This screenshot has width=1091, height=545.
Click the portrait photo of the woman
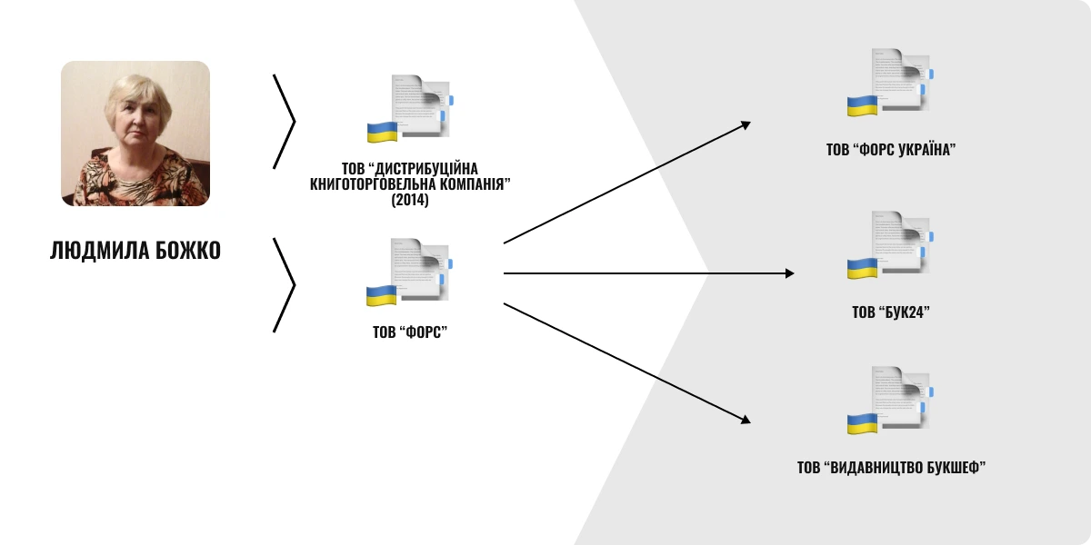(135, 134)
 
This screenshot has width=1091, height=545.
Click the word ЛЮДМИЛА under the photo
(99, 251)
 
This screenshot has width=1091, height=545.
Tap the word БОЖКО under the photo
(188, 251)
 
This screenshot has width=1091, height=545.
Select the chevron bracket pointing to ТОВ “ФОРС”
(284, 285)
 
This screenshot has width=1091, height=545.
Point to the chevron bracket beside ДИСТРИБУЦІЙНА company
(284, 122)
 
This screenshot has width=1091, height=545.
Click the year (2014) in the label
(410, 200)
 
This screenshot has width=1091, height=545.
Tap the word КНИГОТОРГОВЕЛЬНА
(375, 184)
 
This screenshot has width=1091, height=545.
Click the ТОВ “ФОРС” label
(410, 332)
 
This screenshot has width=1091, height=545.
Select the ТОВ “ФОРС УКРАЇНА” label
(891, 149)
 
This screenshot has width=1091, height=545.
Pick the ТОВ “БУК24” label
(891, 312)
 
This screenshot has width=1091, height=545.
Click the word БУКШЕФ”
(956, 468)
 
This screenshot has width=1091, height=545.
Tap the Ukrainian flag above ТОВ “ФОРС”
(381, 296)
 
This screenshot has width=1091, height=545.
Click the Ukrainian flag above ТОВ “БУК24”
(862, 269)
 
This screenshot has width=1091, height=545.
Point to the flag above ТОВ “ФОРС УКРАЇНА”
(862, 105)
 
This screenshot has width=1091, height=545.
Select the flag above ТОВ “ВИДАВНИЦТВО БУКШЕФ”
(862, 424)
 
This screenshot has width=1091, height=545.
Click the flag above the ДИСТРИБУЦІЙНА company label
(383, 133)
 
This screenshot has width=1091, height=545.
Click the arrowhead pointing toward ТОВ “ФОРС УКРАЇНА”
(746, 125)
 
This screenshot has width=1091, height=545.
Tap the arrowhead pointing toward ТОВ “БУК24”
(789, 273)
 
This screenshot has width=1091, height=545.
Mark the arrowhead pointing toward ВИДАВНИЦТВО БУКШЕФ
(746, 420)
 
